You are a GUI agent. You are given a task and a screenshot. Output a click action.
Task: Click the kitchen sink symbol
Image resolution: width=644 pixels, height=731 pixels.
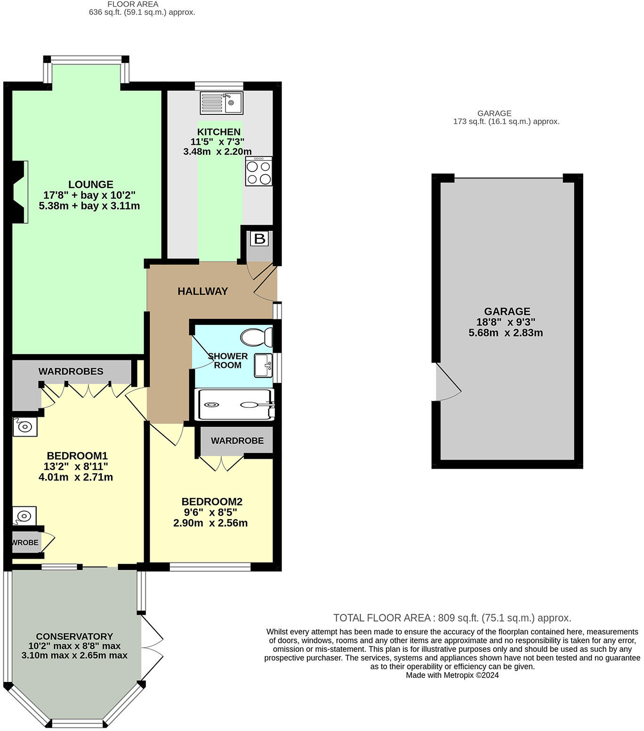(221, 103)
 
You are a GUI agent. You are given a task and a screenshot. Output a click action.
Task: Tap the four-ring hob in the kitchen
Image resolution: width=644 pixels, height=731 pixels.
(258, 172)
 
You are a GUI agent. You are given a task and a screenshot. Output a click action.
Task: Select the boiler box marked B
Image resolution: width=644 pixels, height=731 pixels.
(259, 239)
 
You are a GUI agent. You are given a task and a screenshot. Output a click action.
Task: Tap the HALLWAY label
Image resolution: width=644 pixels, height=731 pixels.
(202, 292)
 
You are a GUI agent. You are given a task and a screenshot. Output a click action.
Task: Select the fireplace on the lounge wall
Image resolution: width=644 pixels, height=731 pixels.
(19, 192)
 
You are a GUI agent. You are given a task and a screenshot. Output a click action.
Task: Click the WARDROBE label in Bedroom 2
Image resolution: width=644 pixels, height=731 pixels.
(237, 441)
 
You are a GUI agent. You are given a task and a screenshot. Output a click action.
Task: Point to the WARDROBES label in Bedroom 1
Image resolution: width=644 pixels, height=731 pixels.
(71, 372)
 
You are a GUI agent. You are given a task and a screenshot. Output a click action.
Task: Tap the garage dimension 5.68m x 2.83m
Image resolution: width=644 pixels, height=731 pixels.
(506, 333)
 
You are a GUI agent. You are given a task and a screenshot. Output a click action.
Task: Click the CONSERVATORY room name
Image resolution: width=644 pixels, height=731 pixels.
(74, 636)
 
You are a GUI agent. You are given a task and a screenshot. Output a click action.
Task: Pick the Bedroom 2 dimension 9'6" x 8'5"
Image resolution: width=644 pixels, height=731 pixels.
(210, 512)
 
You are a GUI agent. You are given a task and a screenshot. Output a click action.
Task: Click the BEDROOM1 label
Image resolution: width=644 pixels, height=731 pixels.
(77, 456)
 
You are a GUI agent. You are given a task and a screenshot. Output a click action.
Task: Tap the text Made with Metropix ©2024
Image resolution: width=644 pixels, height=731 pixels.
(452, 675)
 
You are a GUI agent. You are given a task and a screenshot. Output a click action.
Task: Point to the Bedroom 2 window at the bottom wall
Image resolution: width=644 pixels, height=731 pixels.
(210, 567)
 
